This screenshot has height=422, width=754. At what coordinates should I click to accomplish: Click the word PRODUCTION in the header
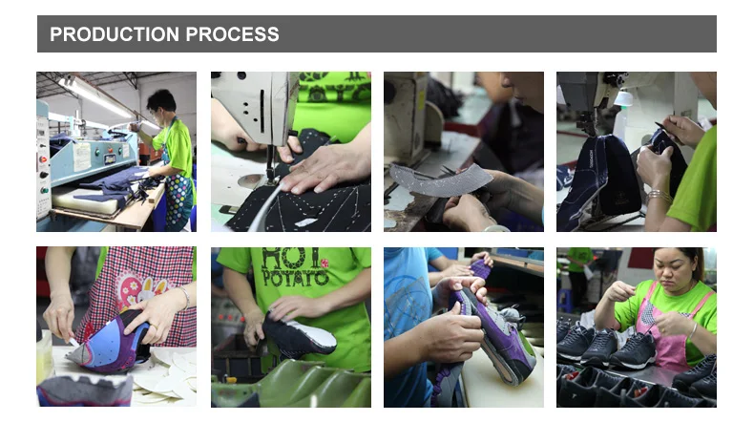[115, 34]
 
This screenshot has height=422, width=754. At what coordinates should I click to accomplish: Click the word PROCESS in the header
[232, 34]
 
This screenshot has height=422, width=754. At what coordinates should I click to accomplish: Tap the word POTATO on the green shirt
[295, 276]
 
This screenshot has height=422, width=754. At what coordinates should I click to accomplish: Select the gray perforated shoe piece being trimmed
[440, 179]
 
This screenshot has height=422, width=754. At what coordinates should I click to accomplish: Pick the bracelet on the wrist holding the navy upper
[658, 195]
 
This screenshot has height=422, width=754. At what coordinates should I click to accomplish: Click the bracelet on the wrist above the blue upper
[185, 297]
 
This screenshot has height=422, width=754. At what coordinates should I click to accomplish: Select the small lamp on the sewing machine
[623, 99]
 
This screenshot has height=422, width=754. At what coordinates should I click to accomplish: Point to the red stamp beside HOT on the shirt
[325, 263]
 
